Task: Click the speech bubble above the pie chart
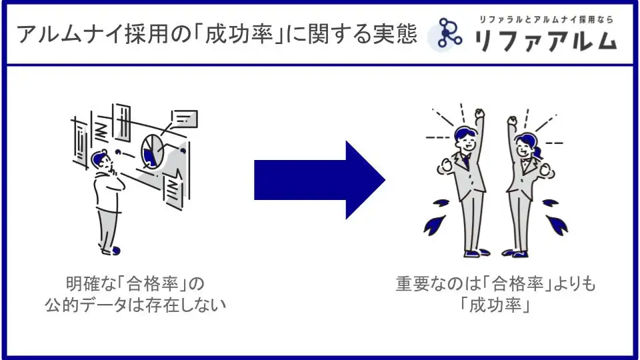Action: click(184, 119)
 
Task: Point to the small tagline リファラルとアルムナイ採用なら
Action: click(546, 20)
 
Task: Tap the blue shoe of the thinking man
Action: click(115, 251)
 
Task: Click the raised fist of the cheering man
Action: click(480, 114)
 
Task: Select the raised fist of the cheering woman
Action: click(512, 121)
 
